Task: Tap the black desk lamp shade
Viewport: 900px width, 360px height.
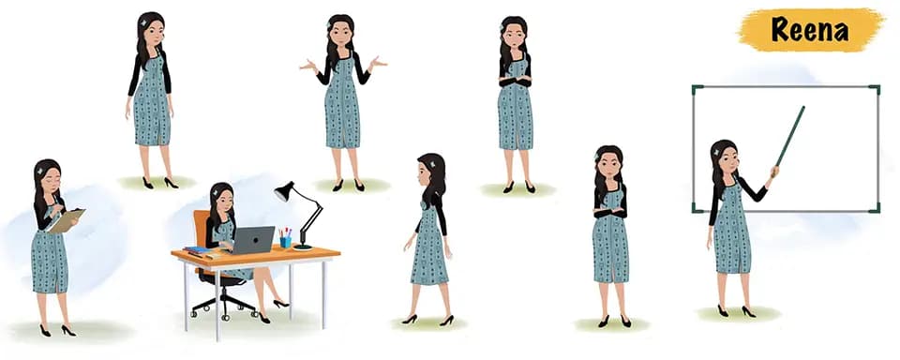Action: [284, 191]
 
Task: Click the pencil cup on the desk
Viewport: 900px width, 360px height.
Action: [285, 240]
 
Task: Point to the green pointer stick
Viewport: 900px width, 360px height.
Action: [789, 137]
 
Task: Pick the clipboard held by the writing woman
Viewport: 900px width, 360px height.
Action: [66, 220]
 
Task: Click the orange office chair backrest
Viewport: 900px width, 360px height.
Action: [202, 231]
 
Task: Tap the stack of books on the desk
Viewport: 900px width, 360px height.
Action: [197, 250]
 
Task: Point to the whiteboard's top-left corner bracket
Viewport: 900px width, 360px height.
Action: [697, 90]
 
